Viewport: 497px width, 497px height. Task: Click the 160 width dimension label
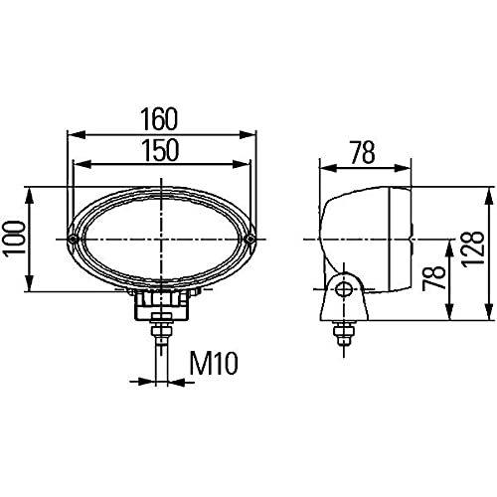click(159, 118)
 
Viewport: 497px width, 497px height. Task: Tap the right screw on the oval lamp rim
click(251, 241)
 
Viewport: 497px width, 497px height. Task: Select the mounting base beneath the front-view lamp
click(162, 300)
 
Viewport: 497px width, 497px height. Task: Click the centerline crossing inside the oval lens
click(161, 240)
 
